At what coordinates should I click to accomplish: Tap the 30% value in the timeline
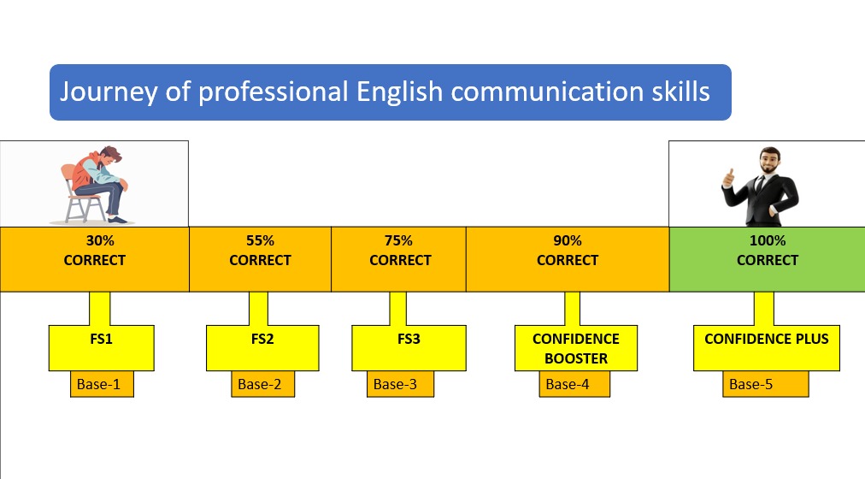pos(94,241)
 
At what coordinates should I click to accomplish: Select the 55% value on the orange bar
pos(260,241)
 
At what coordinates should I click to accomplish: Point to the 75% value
pos(399,241)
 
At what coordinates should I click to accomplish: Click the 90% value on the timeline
pos(568,241)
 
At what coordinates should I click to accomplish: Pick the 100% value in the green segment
pos(768,241)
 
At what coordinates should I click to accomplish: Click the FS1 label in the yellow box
pos(101,339)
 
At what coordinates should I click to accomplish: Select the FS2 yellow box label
pos(262,339)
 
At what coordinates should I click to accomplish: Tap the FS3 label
pos(409,339)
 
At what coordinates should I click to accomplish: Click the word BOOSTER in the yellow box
pos(575,358)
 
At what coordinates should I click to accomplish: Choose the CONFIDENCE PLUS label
pos(766,339)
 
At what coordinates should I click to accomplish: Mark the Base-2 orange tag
pos(260,384)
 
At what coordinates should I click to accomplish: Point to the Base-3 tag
pos(395,384)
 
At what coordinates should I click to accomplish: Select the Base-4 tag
pos(568,384)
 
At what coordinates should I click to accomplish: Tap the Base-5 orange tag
pos(751,384)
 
